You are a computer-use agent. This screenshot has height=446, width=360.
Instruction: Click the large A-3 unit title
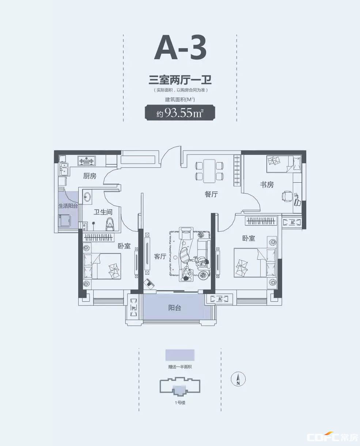point(180,47)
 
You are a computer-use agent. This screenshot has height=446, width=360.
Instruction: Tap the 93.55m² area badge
point(180,113)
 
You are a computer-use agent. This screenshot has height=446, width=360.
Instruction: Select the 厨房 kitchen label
point(90,176)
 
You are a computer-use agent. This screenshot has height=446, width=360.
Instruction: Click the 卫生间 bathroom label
point(103,212)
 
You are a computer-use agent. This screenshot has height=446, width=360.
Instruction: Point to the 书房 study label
point(267,184)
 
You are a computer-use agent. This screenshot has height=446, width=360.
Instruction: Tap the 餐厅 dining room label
point(211,194)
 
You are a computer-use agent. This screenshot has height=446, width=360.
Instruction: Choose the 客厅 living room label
point(160,256)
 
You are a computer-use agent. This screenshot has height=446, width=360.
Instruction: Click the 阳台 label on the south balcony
point(175,308)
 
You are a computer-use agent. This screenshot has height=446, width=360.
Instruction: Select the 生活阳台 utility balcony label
point(68,206)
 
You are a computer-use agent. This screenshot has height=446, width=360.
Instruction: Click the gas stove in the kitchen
point(87,160)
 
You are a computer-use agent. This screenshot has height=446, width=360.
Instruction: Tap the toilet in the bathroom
point(110,224)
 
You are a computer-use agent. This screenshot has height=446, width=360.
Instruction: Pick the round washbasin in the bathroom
point(87,197)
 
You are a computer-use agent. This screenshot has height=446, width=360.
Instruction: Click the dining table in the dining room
point(209,171)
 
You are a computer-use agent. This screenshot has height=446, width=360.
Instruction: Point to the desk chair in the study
point(287,196)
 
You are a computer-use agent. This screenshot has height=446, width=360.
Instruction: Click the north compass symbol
point(238,379)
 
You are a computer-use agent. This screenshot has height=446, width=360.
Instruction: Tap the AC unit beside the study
point(292,222)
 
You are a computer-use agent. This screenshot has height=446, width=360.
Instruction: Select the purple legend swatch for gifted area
point(180,355)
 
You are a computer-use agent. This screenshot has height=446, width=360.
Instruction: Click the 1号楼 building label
point(180,403)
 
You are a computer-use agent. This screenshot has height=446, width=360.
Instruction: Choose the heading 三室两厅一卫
point(180,80)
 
